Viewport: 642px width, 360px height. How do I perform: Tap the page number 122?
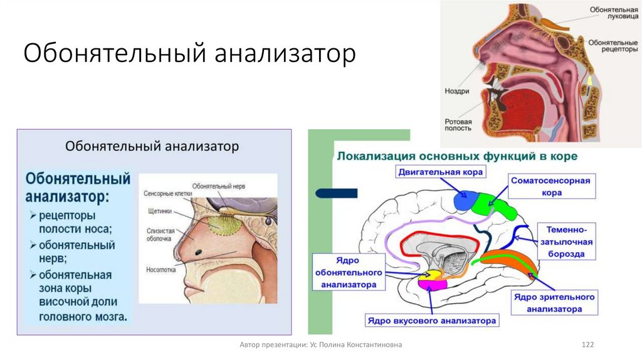pos(587,345)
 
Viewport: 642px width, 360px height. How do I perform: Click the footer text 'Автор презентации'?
pos(320,345)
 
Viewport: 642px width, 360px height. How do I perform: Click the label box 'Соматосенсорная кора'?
pos(550,187)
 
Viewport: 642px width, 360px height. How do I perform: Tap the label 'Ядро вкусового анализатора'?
pos(433,320)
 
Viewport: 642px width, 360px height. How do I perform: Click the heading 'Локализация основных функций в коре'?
pos(457,154)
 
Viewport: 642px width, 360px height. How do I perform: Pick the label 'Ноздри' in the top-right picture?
pos(458,91)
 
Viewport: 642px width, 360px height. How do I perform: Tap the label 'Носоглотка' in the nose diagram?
pos(160,270)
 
